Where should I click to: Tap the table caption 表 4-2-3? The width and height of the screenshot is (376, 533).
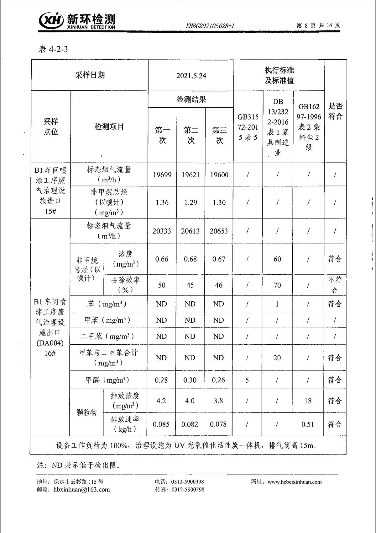[x=53, y=49]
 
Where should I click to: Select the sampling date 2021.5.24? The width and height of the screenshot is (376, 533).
[x=191, y=76]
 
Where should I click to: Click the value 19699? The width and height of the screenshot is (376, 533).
[x=162, y=175]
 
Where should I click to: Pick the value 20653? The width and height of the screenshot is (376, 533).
[x=219, y=231]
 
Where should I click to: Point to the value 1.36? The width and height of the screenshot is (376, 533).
[x=162, y=202]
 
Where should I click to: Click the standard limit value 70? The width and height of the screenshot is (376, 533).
[x=277, y=285]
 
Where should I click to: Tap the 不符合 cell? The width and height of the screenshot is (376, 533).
[x=335, y=285]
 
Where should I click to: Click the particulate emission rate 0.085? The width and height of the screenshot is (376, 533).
[x=161, y=424]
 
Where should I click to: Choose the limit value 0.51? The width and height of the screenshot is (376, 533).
[x=308, y=424]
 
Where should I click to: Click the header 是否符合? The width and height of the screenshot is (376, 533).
[x=335, y=111]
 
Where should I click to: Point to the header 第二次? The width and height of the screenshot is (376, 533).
[x=191, y=135]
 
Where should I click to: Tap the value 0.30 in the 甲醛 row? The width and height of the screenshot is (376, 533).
[x=190, y=380]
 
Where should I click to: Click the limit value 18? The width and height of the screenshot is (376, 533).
[x=308, y=401]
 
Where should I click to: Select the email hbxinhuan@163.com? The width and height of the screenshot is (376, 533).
[x=82, y=489]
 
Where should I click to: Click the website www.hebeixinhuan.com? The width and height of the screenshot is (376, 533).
[x=295, y=482]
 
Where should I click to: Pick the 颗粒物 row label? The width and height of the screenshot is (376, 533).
[x=86, y=412]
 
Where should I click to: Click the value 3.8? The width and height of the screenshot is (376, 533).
[x=218, y=401]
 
